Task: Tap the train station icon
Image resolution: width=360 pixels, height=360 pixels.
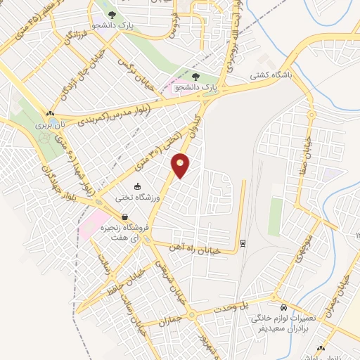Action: click(243, 243)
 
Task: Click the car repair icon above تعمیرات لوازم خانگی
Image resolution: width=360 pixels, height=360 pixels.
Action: click(283, 308)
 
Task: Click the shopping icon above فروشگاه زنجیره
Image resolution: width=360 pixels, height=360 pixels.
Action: click(124, 217)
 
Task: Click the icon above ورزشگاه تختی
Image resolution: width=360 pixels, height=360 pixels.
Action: click(138, 186)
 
